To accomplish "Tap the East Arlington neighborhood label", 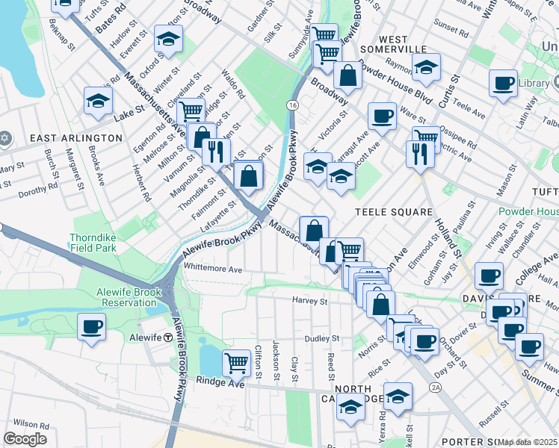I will coord(75,138).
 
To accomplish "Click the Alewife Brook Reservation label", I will coord(126,297).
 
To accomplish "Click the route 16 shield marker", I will coord(291,106).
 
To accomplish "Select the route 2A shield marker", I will coord(435,388).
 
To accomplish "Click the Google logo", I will coord(25,439).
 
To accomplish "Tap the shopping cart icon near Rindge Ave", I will coord(237,363).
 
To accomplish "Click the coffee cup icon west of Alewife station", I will coord(91,326).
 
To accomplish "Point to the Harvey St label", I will coord(310,302).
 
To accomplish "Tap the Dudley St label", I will coord(322,338).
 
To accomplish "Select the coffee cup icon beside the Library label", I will coord(503,82).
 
